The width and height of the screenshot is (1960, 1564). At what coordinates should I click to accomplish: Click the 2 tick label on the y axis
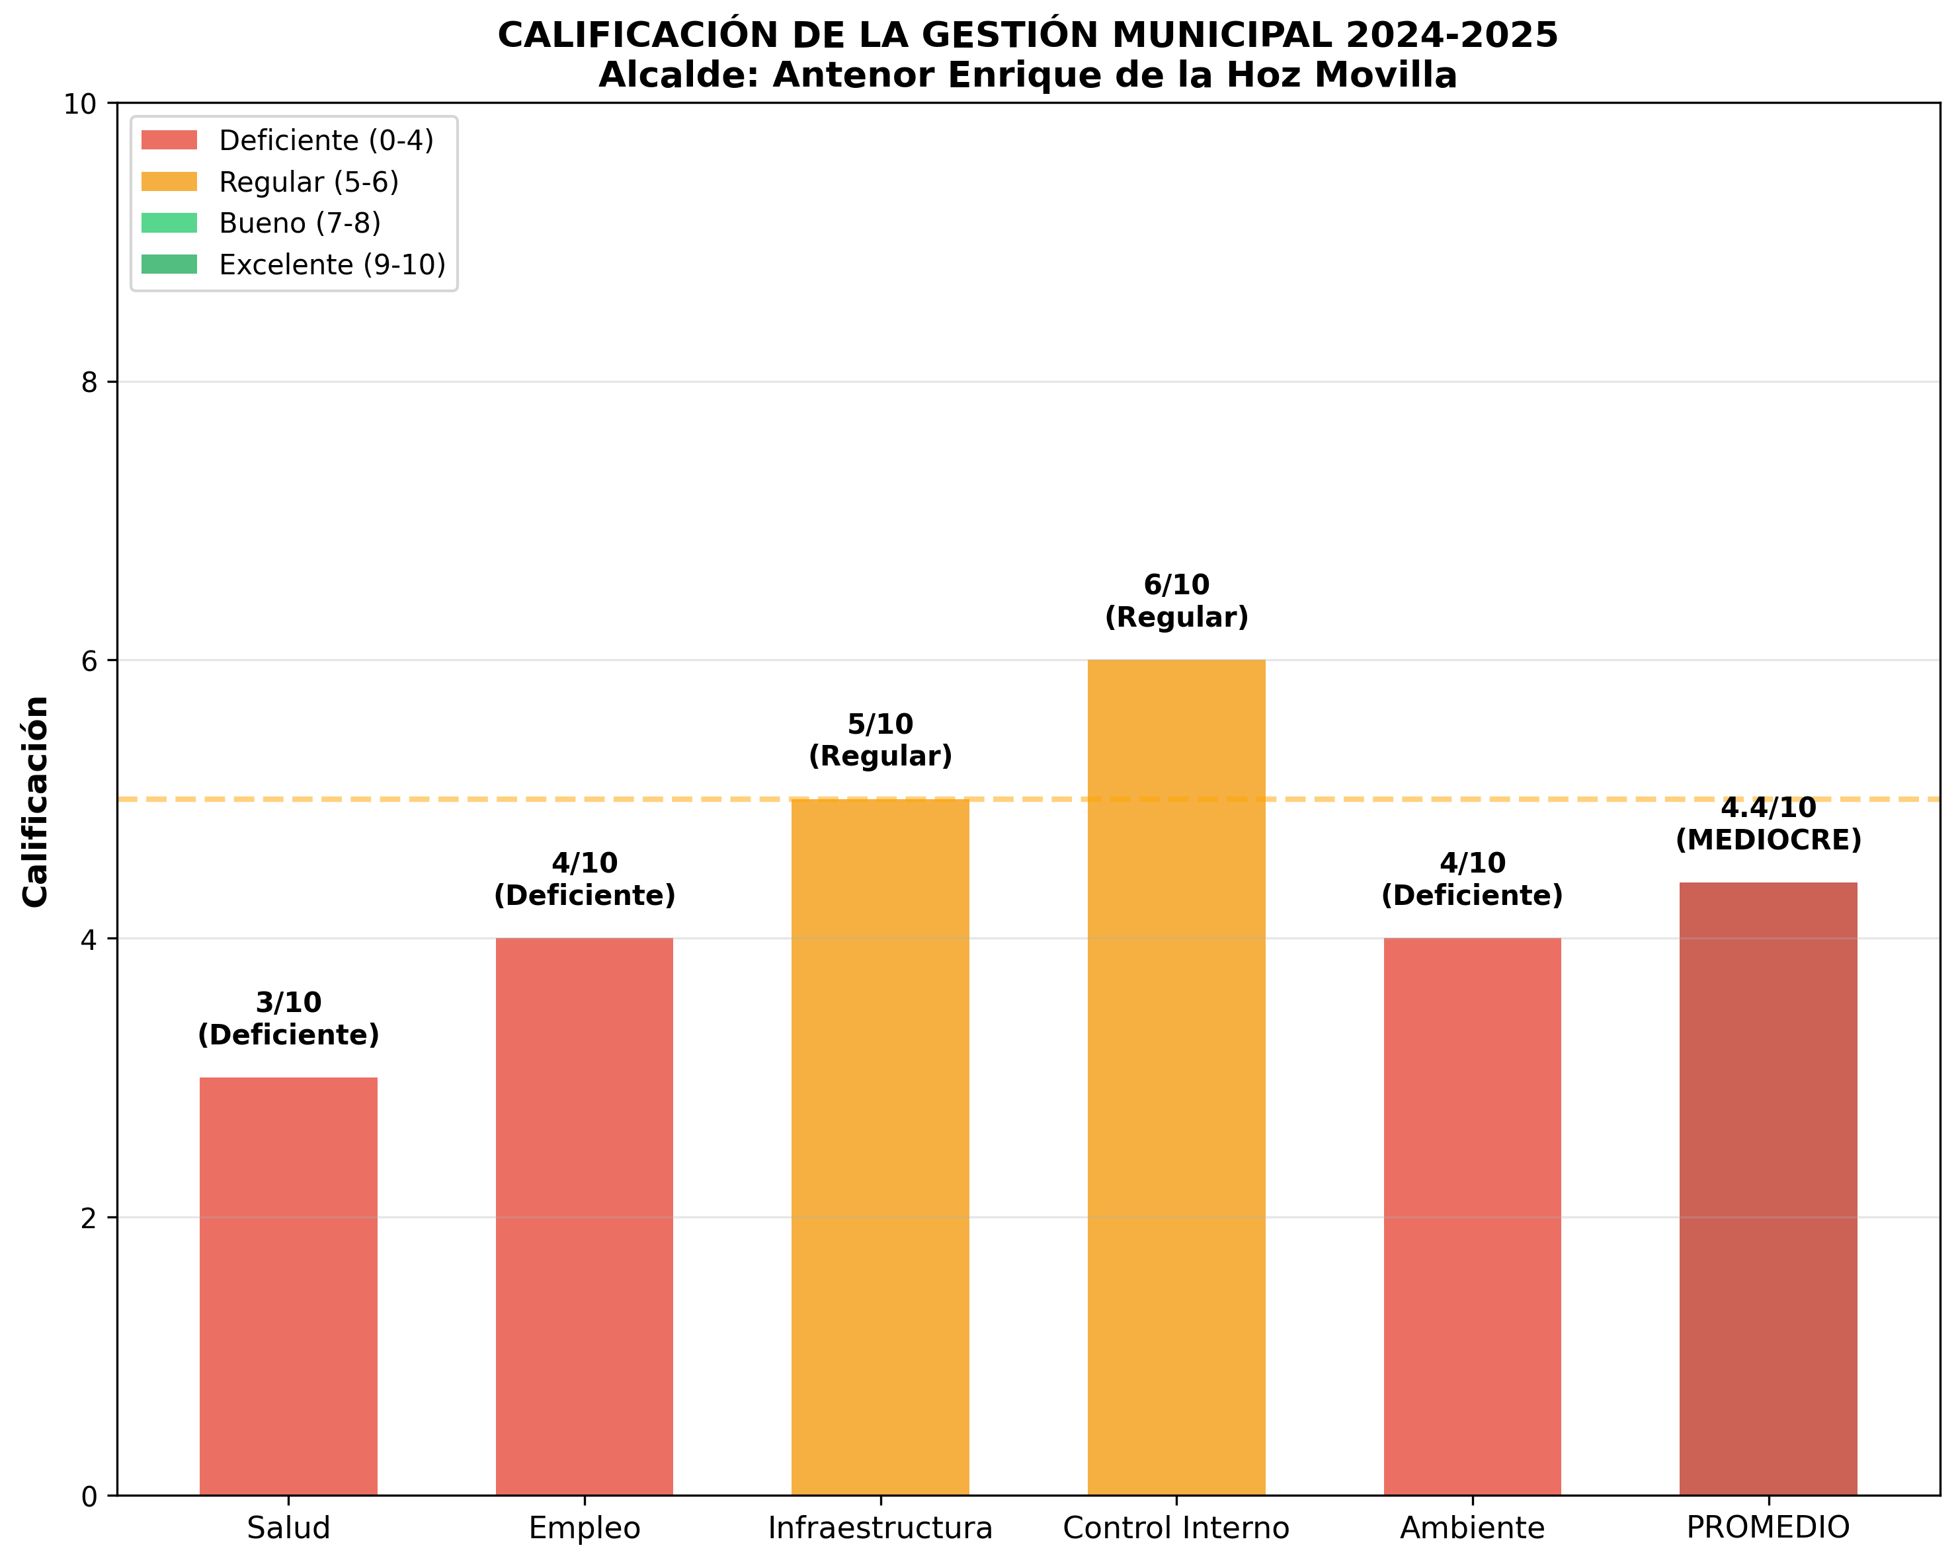pos(89,1218)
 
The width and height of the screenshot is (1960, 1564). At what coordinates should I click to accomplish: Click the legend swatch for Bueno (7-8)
pos(169,223)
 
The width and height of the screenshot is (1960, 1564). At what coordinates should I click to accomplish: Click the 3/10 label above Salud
pos(288,1002)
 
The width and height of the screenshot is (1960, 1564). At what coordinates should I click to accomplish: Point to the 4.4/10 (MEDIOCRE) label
pos(1768,824)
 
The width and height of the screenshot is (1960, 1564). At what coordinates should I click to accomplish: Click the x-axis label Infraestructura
pos(880,1528)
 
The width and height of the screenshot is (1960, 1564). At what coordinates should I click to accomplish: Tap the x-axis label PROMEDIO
pos(1768,1528)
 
